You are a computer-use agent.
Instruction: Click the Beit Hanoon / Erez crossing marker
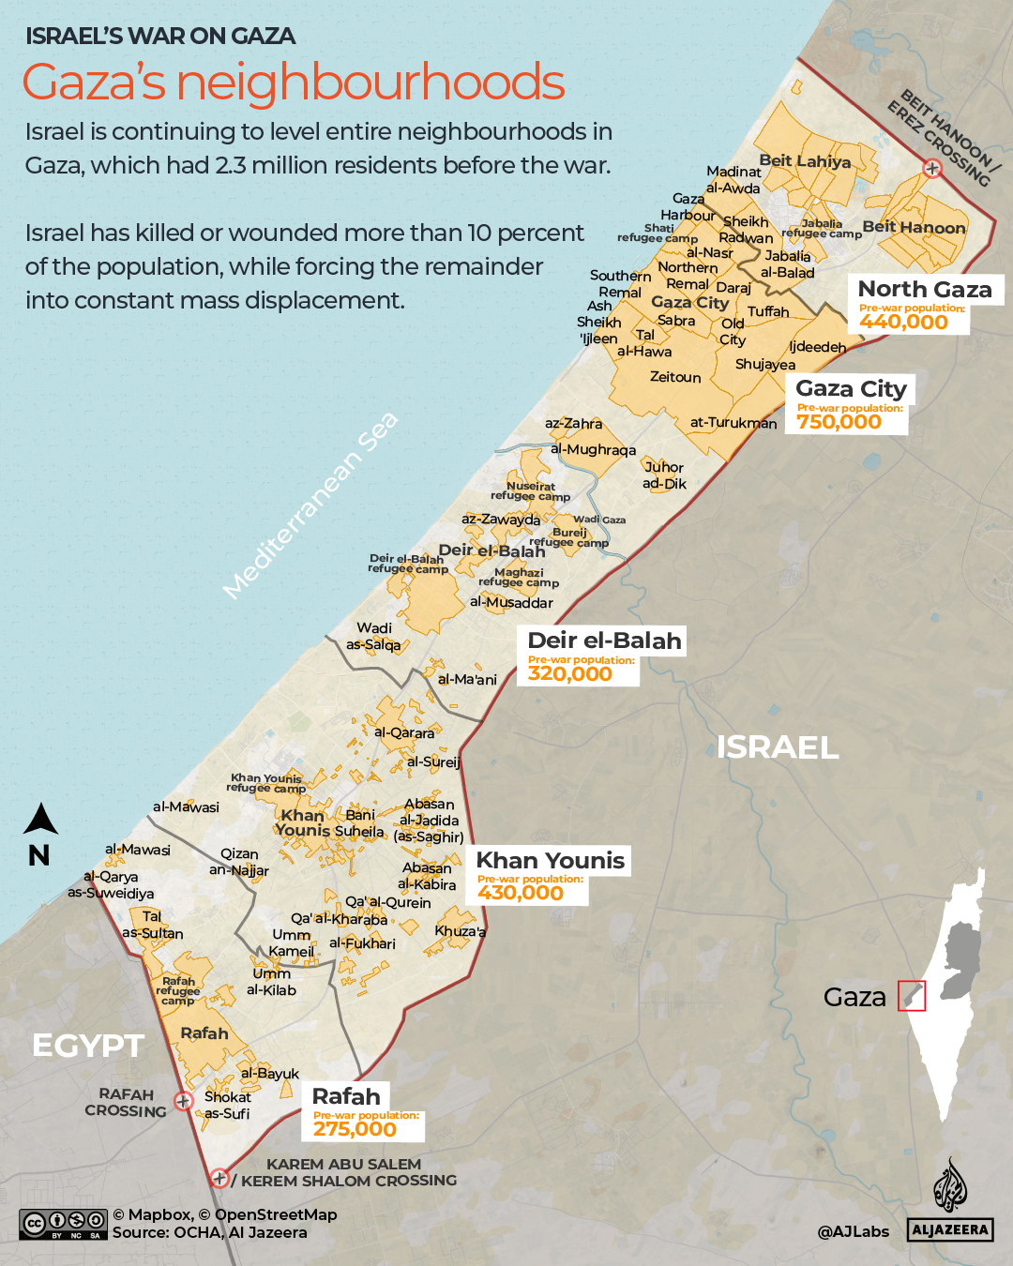pyautogui.click(x=932, y=169)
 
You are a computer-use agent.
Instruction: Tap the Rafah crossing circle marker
pyautogui.click(x=184, y=1101)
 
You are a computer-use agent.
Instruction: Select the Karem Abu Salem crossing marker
pyautogui.click(x=219, y=1178)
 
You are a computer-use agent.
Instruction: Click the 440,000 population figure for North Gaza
pyautogui.click(x=903, y=322)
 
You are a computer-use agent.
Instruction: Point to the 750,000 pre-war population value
pyautogui.click(x=839, y=422)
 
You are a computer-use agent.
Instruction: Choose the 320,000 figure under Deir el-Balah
pyautogui.click(x=569, y=673)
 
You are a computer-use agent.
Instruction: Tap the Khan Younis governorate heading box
pyautogui.click(x=550, y=860)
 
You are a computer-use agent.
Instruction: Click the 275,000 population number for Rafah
pyautogui.click(x=355, y=1129)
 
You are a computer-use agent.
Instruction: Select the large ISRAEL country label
pyautogui.click(x=777, y=747)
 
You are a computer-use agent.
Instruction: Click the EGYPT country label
pyautogui.click(x=88, y=1046)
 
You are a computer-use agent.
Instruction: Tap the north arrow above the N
pyautogui.click(x=40, y=820)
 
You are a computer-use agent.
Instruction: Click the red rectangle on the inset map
pyautogui.click(x=912, y=995)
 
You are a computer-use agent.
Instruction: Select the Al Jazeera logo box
pyautogui.click(x=950, y=1229)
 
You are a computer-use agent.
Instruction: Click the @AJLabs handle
pyautogui.click(x=853, y=1231)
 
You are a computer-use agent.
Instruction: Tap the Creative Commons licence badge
pyautogui.click(x=63, y=1224)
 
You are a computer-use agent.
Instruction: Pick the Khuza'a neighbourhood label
pyautogui.click(x=460, y=931)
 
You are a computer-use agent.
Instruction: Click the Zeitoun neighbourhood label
pyautogui.click(x=675, y=377)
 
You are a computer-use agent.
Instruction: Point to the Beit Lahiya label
pyautogui.click(x=805, y=161)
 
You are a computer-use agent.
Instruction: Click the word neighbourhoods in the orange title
pyautogui.click(x=370, y=83)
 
